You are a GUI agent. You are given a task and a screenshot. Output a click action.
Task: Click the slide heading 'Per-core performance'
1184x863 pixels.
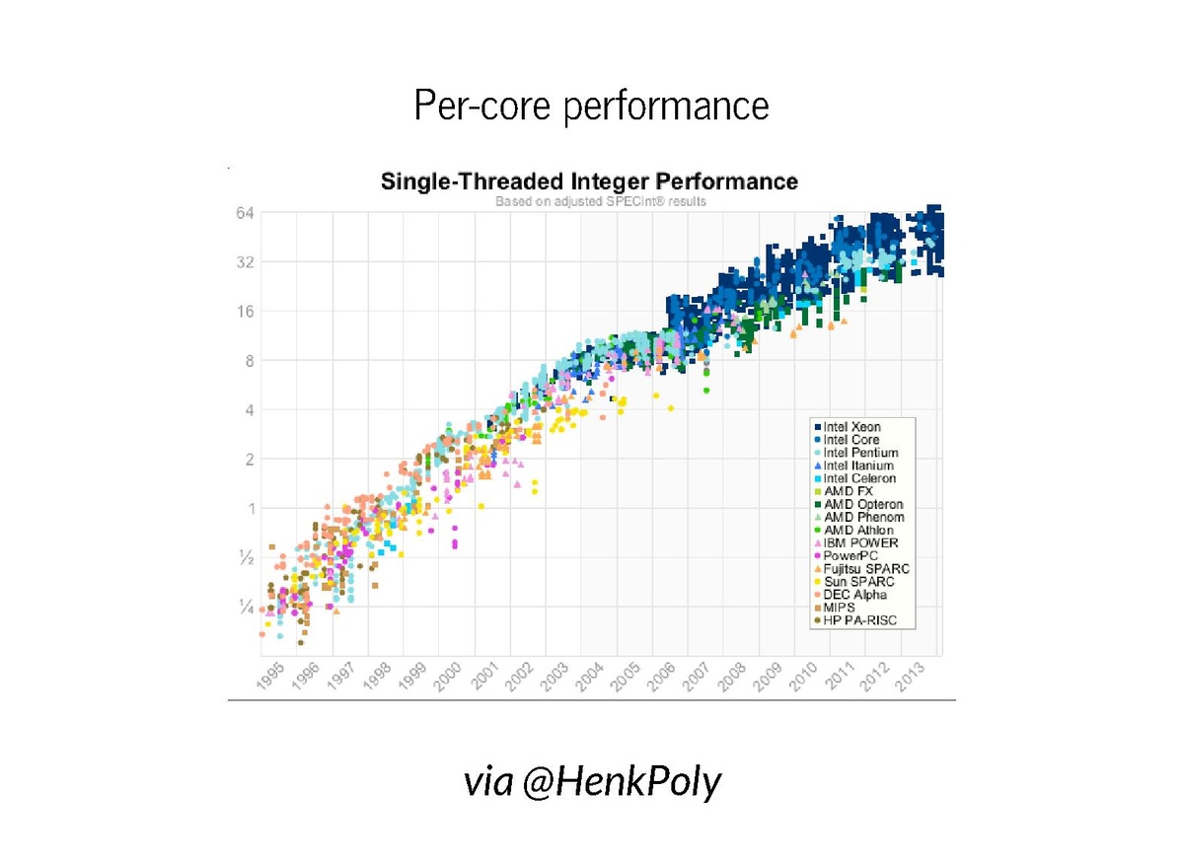[591, 105]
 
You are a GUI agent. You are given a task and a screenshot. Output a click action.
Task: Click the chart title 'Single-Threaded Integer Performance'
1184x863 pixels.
[589, 181]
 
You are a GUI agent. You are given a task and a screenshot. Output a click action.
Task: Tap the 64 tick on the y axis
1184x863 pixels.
[245, 213]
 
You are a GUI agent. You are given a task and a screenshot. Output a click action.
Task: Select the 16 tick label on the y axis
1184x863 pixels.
[245, 312]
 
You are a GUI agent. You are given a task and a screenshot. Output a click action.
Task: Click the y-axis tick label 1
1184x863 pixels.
[251, 509]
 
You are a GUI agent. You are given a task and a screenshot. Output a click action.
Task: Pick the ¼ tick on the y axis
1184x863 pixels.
[247, 608]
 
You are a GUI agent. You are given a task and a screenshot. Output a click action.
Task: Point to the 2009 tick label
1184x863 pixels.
[768, 677]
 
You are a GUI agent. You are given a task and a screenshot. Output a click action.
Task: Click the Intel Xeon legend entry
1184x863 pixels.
[851, 427]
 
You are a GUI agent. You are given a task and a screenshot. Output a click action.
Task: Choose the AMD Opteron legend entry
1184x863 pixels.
[862, 504]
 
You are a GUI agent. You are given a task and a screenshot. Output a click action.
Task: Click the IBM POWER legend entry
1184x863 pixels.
[860, 543]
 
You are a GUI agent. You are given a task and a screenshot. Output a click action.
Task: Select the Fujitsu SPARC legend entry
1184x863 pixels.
[865, 569]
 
